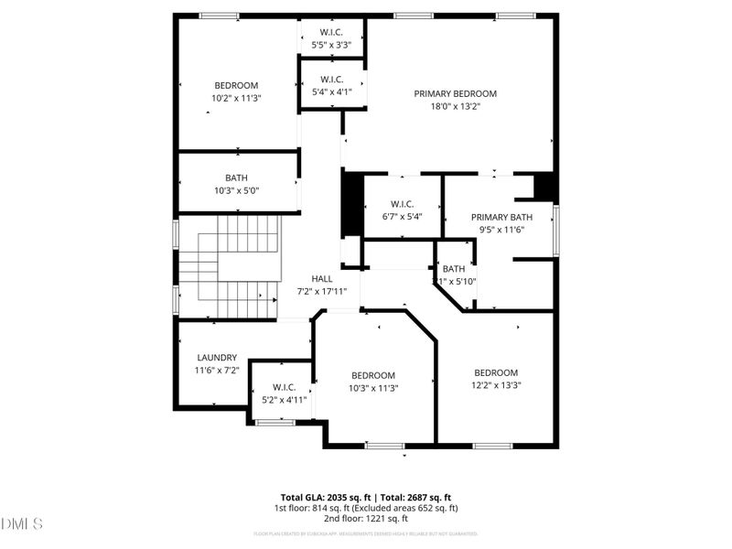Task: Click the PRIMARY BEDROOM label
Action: point(455,93)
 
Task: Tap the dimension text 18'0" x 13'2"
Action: point(455,106)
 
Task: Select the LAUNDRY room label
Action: point(217,358)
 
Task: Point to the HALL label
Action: point(322,279)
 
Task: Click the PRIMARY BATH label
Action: point(501,217)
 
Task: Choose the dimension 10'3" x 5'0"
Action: point(236,190)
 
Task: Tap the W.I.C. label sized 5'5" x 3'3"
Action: point(331,32)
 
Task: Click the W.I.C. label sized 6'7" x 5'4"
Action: point(403,204)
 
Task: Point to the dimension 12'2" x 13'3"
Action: point(496,385)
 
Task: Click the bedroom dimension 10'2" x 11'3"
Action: point(236,98)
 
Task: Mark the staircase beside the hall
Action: point(229,265)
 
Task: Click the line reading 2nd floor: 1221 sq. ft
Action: point(365,519)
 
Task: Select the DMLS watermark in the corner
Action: point(23,524)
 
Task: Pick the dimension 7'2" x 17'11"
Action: point(322,291)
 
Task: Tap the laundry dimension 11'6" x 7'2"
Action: point(217,371)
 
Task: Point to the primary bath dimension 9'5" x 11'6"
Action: point(501,230)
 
